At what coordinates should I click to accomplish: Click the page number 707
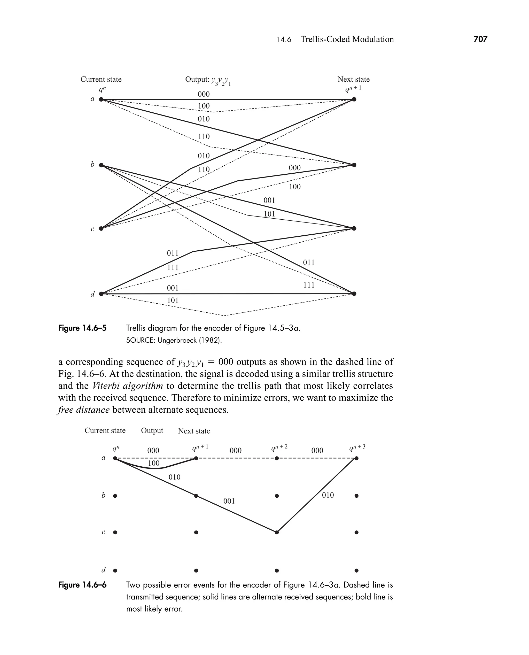[x=480, y=39]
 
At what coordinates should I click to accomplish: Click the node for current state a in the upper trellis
[x=101, y=99]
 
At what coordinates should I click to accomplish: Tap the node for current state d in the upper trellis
[x=101, y=294]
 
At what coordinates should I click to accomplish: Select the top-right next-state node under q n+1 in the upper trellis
[x=354, y=99]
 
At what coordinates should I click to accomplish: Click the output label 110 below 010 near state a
[x=204, y=136]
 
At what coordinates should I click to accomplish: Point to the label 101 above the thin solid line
[x=269, y=214]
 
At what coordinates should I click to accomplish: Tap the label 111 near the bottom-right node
[x=309, y=285]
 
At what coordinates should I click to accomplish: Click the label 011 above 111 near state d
[x=173, y=253]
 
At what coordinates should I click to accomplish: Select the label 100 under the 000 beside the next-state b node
[x=295, y=187]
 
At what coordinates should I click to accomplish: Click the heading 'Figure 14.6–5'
[x=82, y=328]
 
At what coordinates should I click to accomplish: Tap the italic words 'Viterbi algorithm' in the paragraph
[x=128, y=386]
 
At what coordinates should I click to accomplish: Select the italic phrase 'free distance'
[x=83, y=410]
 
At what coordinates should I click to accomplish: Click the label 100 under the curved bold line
[x=154, y=463]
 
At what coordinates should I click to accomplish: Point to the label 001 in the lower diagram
[x=229, y=501]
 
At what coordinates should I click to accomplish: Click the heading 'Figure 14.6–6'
[x=82, y=585]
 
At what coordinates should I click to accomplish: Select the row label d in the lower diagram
[x=104, y=570]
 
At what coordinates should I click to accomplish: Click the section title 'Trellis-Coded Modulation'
[x=347, y=39]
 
